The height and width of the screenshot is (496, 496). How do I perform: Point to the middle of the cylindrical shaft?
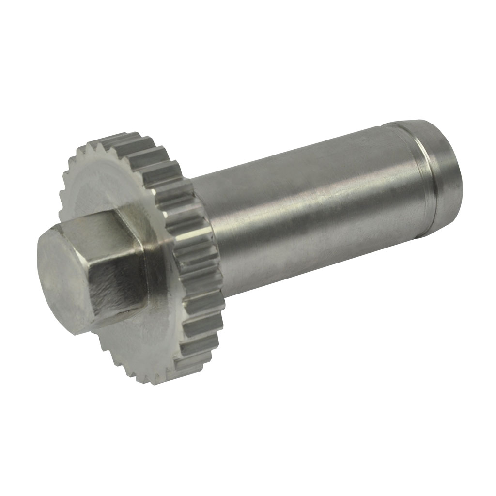(x=310, y=213)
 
